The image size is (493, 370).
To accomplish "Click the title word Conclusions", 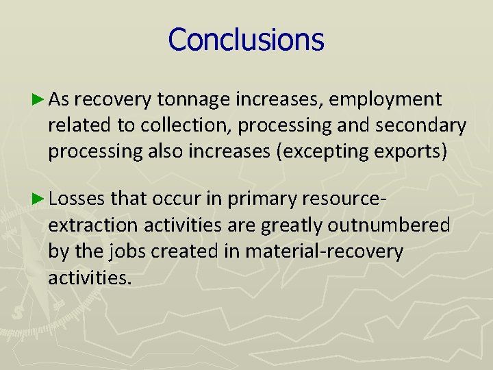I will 246,40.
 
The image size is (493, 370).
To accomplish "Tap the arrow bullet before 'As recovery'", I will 38,100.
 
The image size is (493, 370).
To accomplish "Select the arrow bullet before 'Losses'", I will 38,199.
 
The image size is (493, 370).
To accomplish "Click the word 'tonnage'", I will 193,101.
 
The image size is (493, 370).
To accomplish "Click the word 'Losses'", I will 77,199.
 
